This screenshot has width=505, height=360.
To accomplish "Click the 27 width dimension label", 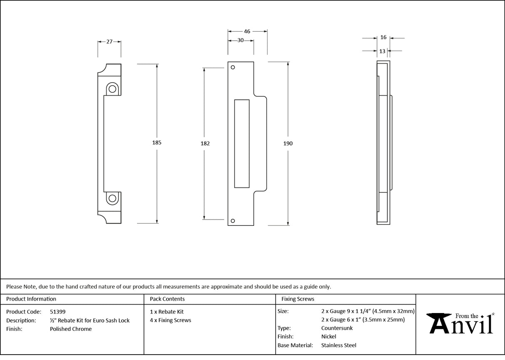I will click(109, 42).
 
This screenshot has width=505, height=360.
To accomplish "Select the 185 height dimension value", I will click(156, 143).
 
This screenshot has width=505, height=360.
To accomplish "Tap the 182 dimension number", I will click(205, 143).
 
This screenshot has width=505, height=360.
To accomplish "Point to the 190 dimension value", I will click(288, 143).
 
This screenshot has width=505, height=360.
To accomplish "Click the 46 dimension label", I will click(247, 31).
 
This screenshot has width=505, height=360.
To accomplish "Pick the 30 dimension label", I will click(240, 40).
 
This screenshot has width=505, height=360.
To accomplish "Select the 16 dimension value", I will click(383, 37).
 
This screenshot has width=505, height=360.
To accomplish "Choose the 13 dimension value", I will click(382, 51).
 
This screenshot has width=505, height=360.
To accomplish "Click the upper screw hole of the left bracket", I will click(112, 88).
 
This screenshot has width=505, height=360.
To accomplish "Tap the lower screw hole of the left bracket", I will click(112, 198).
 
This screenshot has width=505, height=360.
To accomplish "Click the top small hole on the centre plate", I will click(233, 67).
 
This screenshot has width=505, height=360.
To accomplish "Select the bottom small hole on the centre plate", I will click(233, 221).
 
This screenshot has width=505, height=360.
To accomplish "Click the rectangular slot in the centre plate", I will click(242, 143).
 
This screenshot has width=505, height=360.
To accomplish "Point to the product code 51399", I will click(57, 311).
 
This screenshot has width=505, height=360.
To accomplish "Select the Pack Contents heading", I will click(167, 299).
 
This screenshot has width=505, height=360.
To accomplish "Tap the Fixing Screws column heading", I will click(298, 299).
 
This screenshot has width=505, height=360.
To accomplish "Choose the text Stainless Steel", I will click(339, 345).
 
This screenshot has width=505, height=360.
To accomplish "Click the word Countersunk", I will click(337, 328).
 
